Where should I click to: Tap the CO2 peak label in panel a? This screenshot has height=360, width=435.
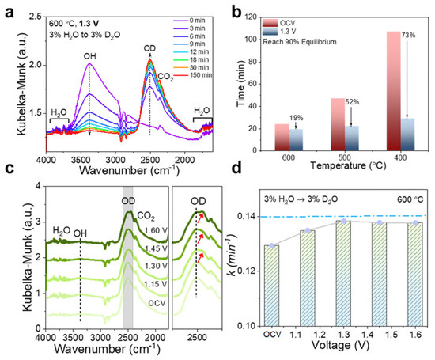pos(165,77)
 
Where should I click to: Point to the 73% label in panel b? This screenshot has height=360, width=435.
pos(409,36)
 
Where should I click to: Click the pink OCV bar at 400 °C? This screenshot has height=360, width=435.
pos(393,91)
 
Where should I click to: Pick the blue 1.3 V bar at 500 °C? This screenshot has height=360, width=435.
pos(351,138)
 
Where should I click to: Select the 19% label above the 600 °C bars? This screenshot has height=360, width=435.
pos(297,118)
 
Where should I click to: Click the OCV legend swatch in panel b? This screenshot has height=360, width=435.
pos(270,23)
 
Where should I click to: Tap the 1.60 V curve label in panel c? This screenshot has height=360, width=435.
pos(156,231)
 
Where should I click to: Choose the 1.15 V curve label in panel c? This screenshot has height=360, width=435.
pos(156,284)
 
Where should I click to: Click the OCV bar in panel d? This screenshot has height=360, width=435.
pos(272,286)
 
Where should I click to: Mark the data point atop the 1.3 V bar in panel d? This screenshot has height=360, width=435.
pos(343,221)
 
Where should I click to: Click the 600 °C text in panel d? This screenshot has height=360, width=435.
pos(410,199)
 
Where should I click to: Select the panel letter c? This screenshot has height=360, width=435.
pos(9,169)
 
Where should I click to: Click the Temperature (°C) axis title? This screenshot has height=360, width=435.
pos(348,165)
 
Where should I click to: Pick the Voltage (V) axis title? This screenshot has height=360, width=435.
pos(340,345)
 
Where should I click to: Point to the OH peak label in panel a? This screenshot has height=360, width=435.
pos(90,56)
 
